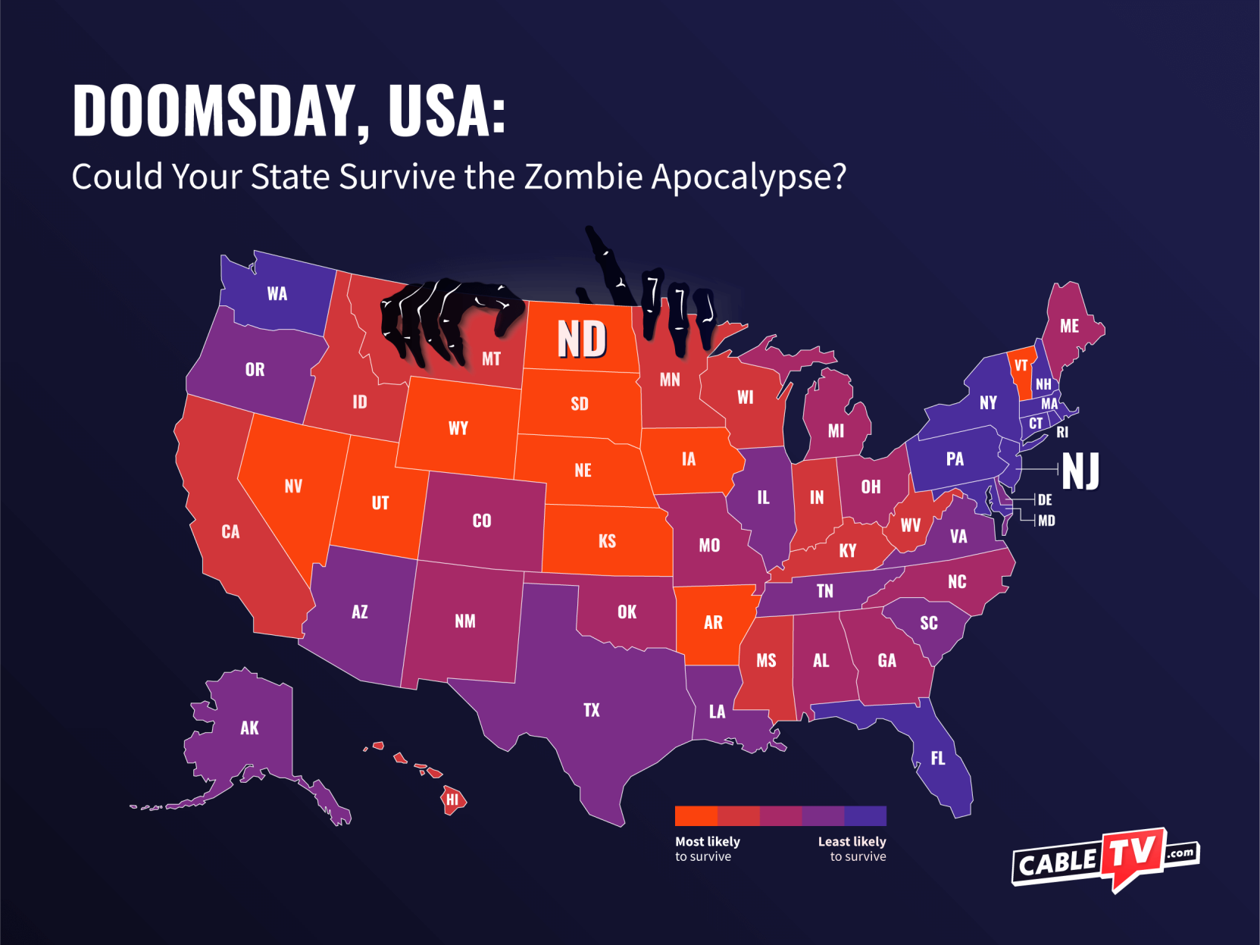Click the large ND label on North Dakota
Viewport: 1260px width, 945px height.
(582, 339)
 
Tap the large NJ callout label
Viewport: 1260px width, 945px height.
(1080, 471)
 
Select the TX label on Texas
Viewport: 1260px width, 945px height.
(591, 710)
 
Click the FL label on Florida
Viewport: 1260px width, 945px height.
(937, 758)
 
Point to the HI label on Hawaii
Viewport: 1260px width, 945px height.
(452, 799)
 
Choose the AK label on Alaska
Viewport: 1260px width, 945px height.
(249, 728)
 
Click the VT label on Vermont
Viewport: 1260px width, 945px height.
(1021, 365)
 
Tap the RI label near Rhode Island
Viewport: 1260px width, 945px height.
(1062, 432)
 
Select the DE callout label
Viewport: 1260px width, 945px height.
(1045, 499)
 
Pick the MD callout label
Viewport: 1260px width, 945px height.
(1046, 521)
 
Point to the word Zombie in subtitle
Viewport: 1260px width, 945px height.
(583, 177)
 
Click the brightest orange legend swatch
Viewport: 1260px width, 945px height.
(696, 815)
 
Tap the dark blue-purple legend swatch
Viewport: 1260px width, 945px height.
(865, 815)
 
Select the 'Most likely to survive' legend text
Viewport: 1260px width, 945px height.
(707, 849)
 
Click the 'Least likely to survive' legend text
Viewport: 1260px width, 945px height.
(853, 849)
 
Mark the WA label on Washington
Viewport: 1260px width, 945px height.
(277, 294)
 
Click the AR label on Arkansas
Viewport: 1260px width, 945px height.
(713, 622)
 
